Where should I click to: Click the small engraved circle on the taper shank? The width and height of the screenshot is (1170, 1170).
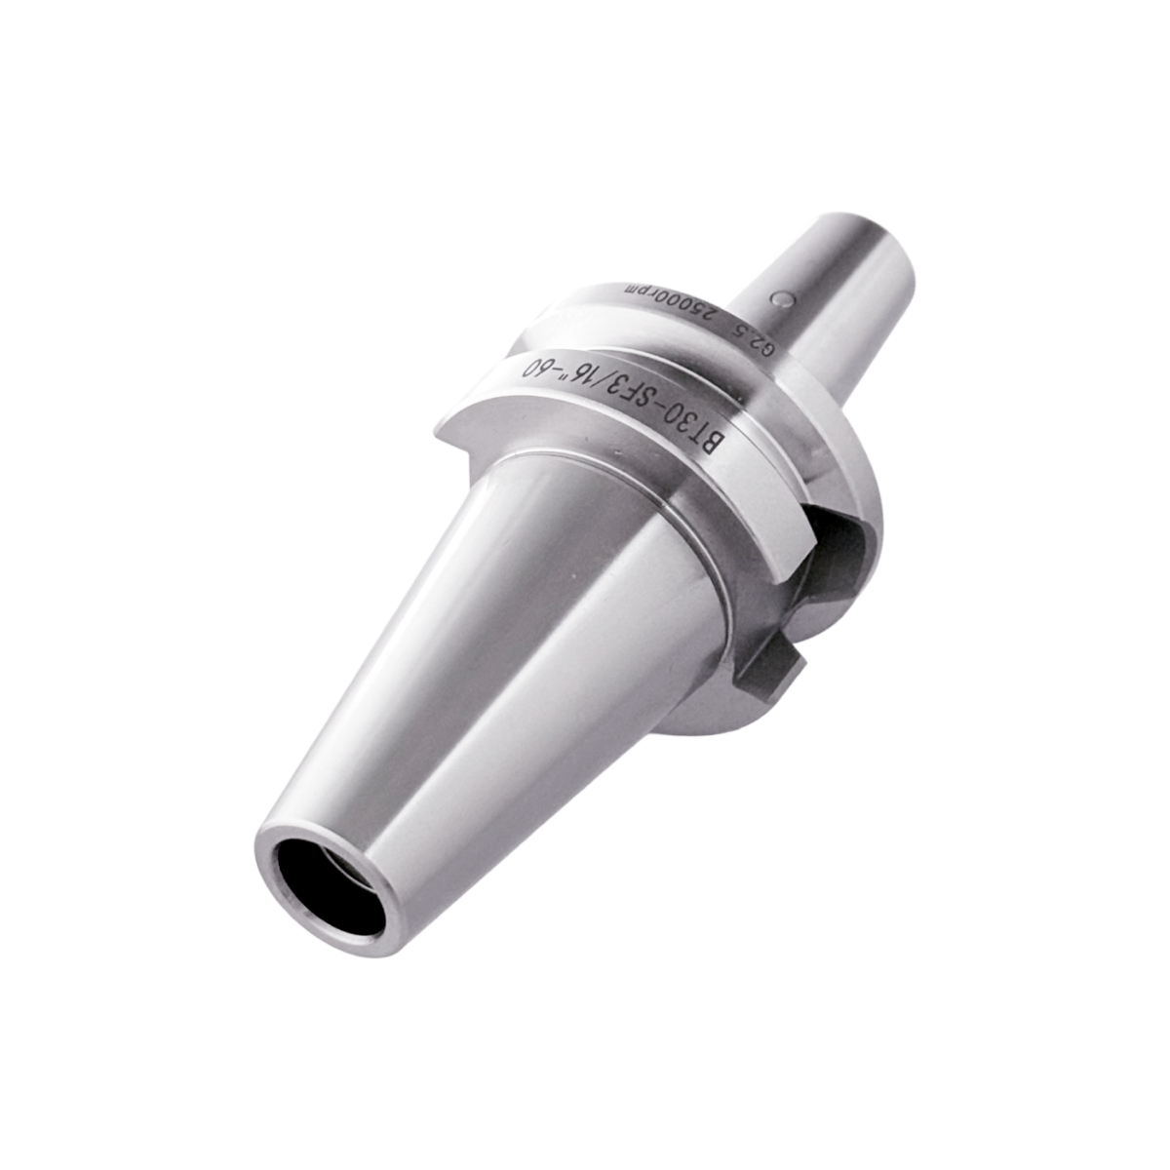tap(783, 300)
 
